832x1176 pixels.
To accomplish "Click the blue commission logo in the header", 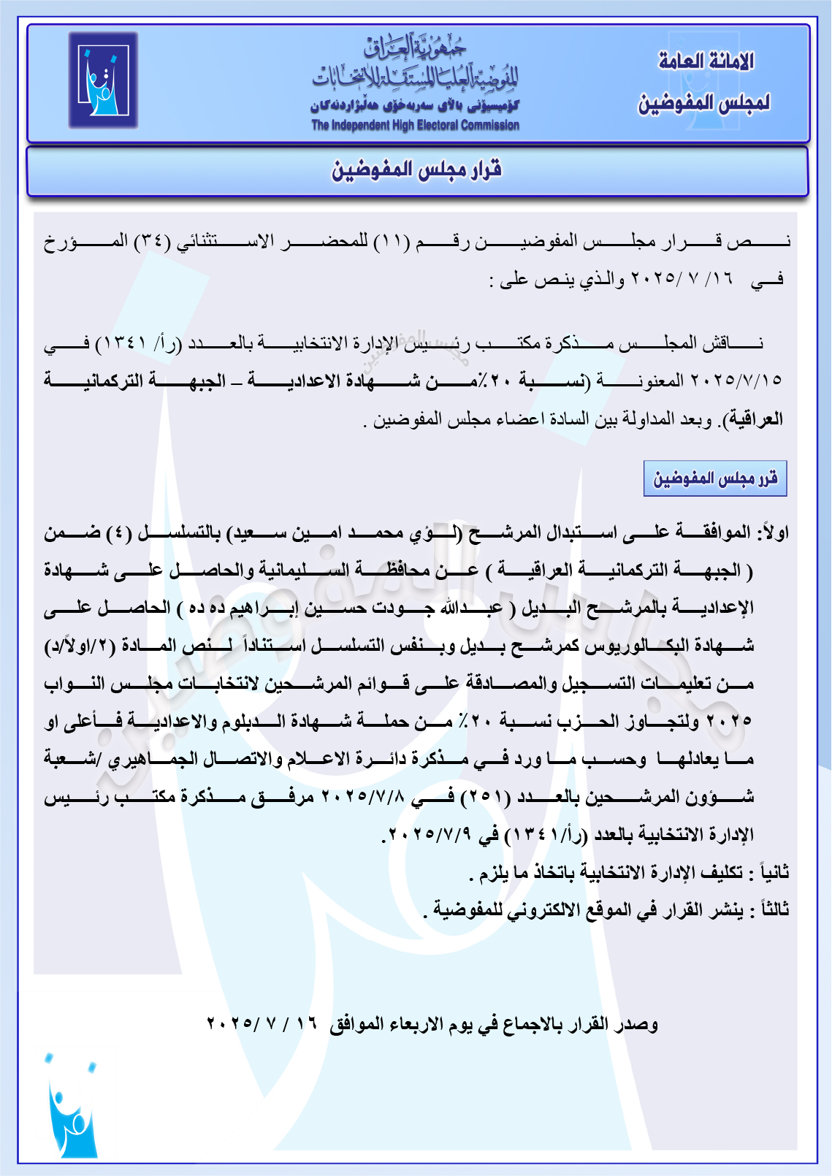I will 103,80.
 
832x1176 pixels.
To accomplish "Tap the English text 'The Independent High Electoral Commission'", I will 415,126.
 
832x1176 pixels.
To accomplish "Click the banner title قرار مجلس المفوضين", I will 416,171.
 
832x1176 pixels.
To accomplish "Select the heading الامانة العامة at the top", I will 706,61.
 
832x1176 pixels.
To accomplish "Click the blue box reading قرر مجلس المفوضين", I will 714,478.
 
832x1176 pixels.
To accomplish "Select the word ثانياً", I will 774,872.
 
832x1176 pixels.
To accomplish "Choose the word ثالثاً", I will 774,910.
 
